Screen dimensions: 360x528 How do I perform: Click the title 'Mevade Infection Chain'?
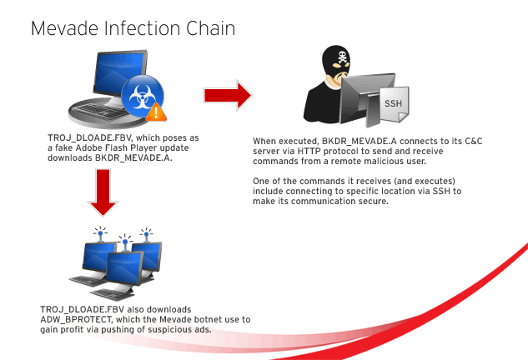pyautogui.click(x=133, y=28)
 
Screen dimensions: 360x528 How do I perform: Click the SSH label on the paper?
pyautogui.click(x=394, y=103)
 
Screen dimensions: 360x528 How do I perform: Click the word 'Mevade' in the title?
pyautogui.click(x=64, y=28)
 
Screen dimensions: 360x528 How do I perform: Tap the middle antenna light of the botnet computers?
pyautogui.click(x=123, y=238)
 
